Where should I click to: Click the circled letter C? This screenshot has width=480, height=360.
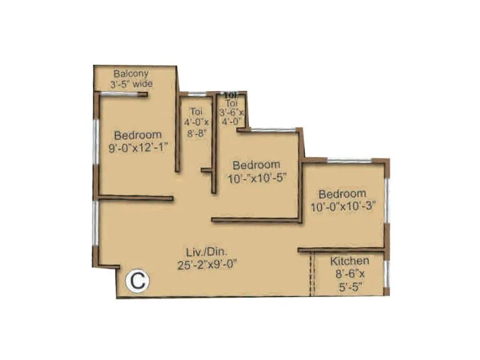pos(137,281)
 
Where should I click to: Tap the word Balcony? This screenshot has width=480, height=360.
pos(131,74)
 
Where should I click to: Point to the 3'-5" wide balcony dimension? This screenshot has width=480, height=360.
pos(131,85)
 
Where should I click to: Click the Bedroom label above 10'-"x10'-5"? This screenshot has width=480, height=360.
pos(256,164)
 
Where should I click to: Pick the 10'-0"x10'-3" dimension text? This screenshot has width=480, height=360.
pos(343,206)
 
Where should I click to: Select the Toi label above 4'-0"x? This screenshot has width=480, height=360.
pos(196,112)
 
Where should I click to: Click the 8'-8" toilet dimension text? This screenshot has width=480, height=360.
pos(196,133)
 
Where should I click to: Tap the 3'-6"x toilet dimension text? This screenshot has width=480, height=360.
pos(232,112)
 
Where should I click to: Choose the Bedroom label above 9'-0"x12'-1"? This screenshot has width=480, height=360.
pos(138,134)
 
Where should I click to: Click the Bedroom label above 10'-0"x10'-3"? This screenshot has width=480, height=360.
pos(342,194)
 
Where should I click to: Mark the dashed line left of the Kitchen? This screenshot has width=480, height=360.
pos(312,274)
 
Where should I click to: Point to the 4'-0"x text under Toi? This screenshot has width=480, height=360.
pos(196,122)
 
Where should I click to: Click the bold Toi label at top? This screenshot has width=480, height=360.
pos(231,95)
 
